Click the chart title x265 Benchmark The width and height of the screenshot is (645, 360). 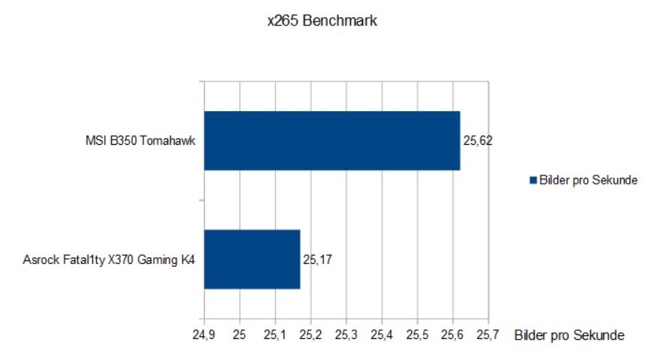point(322,21)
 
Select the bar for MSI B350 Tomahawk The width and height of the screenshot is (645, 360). point(331,140)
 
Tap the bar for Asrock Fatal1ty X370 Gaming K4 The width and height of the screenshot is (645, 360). point(252,259)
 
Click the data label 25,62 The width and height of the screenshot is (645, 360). point(478,140)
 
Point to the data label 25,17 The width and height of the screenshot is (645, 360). point(317,260)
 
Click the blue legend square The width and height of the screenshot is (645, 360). point(534,180)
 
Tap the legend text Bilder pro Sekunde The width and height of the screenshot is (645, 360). point(589,180)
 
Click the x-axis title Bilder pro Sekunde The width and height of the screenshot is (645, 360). point(569,335)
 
